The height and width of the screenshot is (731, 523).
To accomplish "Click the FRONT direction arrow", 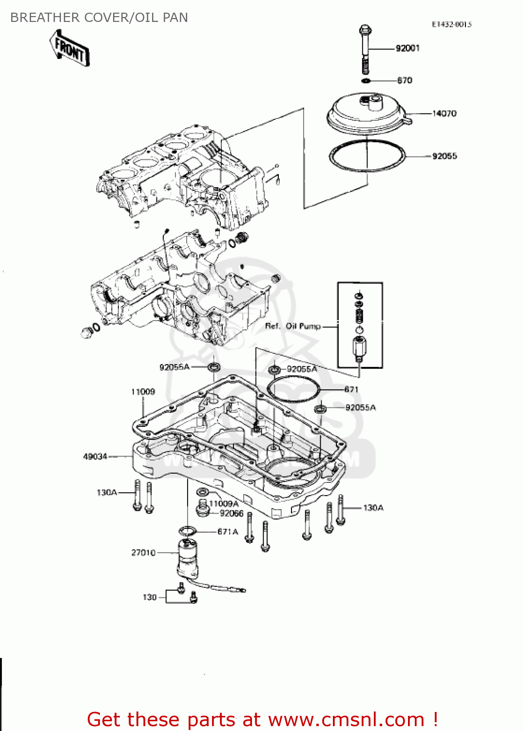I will pyautogui.click(x=69, y=48).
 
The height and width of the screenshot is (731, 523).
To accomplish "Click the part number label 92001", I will pyautogui.click(x=407, y=48).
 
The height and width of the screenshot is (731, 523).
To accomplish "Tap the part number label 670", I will pyautogui.click(x=405, y=80).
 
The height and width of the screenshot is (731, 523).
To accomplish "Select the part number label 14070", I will pyautogui.click(x=444, y=114).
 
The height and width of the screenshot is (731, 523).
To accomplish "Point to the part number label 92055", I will pyautogui.click(x=444, y=156).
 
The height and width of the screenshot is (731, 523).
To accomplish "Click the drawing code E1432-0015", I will pyautogui.click(x=451, y=24).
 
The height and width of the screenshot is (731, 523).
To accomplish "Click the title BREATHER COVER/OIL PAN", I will pyautogui.click(x=99, y=18).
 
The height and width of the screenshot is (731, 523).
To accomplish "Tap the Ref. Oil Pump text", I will pyautogui.click(x=292, y=326).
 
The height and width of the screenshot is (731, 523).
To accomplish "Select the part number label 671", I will pyautogui.click(x=351, y=389).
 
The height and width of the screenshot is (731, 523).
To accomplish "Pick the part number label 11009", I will pyautogui.click(x=143, y=392).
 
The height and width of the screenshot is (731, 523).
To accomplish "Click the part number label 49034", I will pyautogui.click(x=95, y=457).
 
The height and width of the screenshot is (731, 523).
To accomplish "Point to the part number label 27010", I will pyautogui.click(x=143, y=553).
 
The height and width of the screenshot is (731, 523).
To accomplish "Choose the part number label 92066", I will pyautogui.click(x=231, y=513).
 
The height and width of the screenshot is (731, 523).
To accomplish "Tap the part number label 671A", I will pyautogui.click(x=228, y=532).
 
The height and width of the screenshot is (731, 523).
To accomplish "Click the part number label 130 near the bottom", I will pyautogui.click(x=150, y=597).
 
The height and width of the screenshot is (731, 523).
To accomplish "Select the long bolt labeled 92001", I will pyautogui.click(x=365, y=49).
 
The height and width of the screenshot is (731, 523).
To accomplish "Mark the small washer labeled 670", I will pyautogui.click(x=366, y=80).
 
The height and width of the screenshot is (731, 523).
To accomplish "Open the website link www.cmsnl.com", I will pyautogui.click(x=346, y=719).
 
